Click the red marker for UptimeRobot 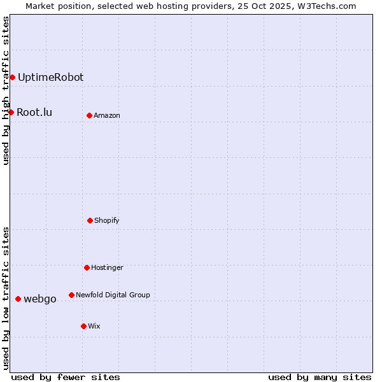coord(12,78)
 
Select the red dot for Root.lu coord(11,113)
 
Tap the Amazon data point coord(89,116)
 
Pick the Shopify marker coord(90,221)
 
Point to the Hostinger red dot coord(87,268)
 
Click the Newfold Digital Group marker coord(71,295)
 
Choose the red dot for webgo coord(18,299)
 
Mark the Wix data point coord(83,327)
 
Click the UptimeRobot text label coord(50,78)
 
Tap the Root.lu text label coord(34,113)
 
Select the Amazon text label coord(107,116)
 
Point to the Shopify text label coord(107,221)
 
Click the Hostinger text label coord(107,268)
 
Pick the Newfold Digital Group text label coord(113,295)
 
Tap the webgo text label coord(40,299)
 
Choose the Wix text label coord(94,327)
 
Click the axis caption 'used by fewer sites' coord(66,377)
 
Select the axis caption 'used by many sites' coord(320,377)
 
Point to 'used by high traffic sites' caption coord(6,90)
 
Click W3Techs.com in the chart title coord(324,6)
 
